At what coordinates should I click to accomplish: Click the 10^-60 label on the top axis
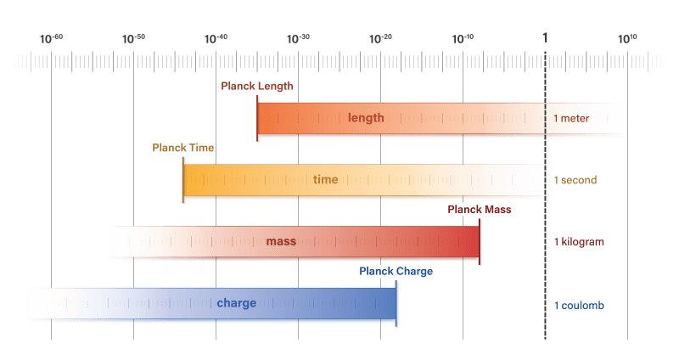(x=51, y=38)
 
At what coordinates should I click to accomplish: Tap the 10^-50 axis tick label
(x=133, y=38)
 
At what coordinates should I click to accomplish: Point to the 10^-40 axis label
(x=216, y=38)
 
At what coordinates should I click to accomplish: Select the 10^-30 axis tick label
(x=298, y=38)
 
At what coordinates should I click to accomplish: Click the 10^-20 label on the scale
(x=380, y=38)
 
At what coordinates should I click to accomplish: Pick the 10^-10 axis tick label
(x=463, y=38)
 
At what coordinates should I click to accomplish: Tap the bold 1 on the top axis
(x=545, y=38)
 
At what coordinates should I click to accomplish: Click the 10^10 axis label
(x=627, y=38)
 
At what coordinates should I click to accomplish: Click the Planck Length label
(x=257, y=86)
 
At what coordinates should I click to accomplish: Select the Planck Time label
(x=182, y=148)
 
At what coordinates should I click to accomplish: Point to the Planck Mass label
(x=480, y=210)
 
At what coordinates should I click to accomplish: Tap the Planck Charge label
(x=396, y=272)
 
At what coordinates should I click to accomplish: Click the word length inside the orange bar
(x=366, y=118)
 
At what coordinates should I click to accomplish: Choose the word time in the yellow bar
(x=325, y=180)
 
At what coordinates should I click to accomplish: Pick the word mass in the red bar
(x=281, y=242)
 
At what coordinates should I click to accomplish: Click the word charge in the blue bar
(x=236, y=303)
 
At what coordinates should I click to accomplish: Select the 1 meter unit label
(x=571, y=119)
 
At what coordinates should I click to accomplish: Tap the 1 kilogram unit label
(x=578, y=242)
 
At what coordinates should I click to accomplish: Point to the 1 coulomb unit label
(x=578, y=305)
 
